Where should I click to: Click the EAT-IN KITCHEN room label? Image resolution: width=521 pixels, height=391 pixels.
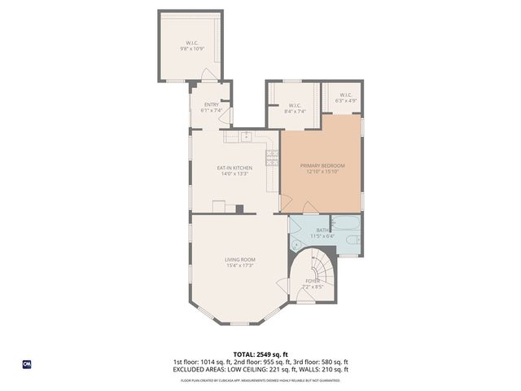[x=234, y=169]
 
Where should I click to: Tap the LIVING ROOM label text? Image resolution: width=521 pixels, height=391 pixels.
[x=240, y=260]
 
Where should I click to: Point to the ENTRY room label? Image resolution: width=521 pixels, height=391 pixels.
[x=211, y=104]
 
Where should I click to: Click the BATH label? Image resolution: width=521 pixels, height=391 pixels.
[x=323, y=231]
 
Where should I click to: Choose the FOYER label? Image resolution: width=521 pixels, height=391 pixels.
[x=313, y=281]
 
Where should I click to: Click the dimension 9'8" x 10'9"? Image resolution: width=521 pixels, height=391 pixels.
[x=191, y=49]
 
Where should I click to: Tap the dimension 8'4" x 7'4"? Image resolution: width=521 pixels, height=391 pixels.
[x=296, y=111]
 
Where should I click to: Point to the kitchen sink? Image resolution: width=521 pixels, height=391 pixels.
[x=244, y=136]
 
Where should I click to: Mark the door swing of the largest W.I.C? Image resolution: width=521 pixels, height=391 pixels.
[x=209, y=75]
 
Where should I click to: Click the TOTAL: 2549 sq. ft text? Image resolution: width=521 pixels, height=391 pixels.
[x=260, y=354]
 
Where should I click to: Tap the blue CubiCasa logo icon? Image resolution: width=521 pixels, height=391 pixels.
[x=27, y=363]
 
